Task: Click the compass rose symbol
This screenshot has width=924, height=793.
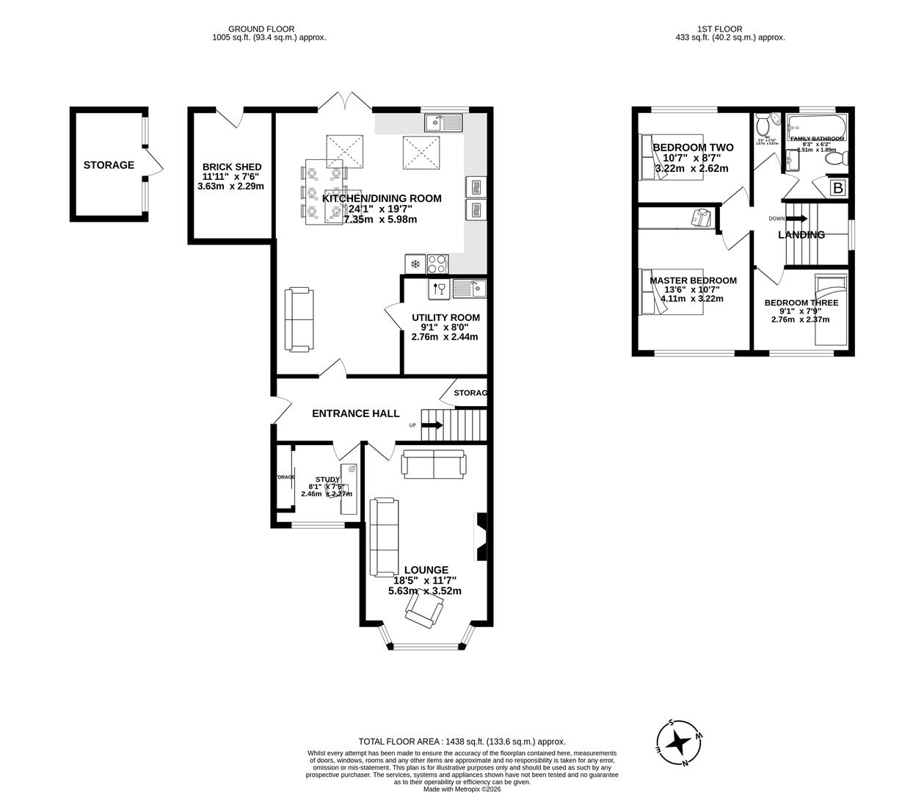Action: (x=680, y=742)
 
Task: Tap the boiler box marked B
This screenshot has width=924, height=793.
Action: (x=837, y=188)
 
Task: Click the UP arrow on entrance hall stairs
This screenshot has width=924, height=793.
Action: (x=432, y=425)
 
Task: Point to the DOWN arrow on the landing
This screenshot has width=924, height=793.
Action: (x=797, y=218)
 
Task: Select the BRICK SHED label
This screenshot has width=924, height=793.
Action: (x=231, y=167)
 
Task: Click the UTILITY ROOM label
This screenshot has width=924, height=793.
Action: (x=445, y=317)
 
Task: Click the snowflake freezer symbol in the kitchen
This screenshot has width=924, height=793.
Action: (x=415, y=264)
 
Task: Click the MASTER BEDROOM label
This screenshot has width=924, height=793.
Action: (x=693, y=280)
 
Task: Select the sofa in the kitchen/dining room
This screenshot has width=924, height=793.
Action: (x=299, y=319)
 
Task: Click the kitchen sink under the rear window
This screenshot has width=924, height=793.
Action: (x=443, y=122)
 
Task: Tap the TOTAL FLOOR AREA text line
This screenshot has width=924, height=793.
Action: (x=462, y=742)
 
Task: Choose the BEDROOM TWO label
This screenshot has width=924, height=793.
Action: (x=693, y=148)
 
